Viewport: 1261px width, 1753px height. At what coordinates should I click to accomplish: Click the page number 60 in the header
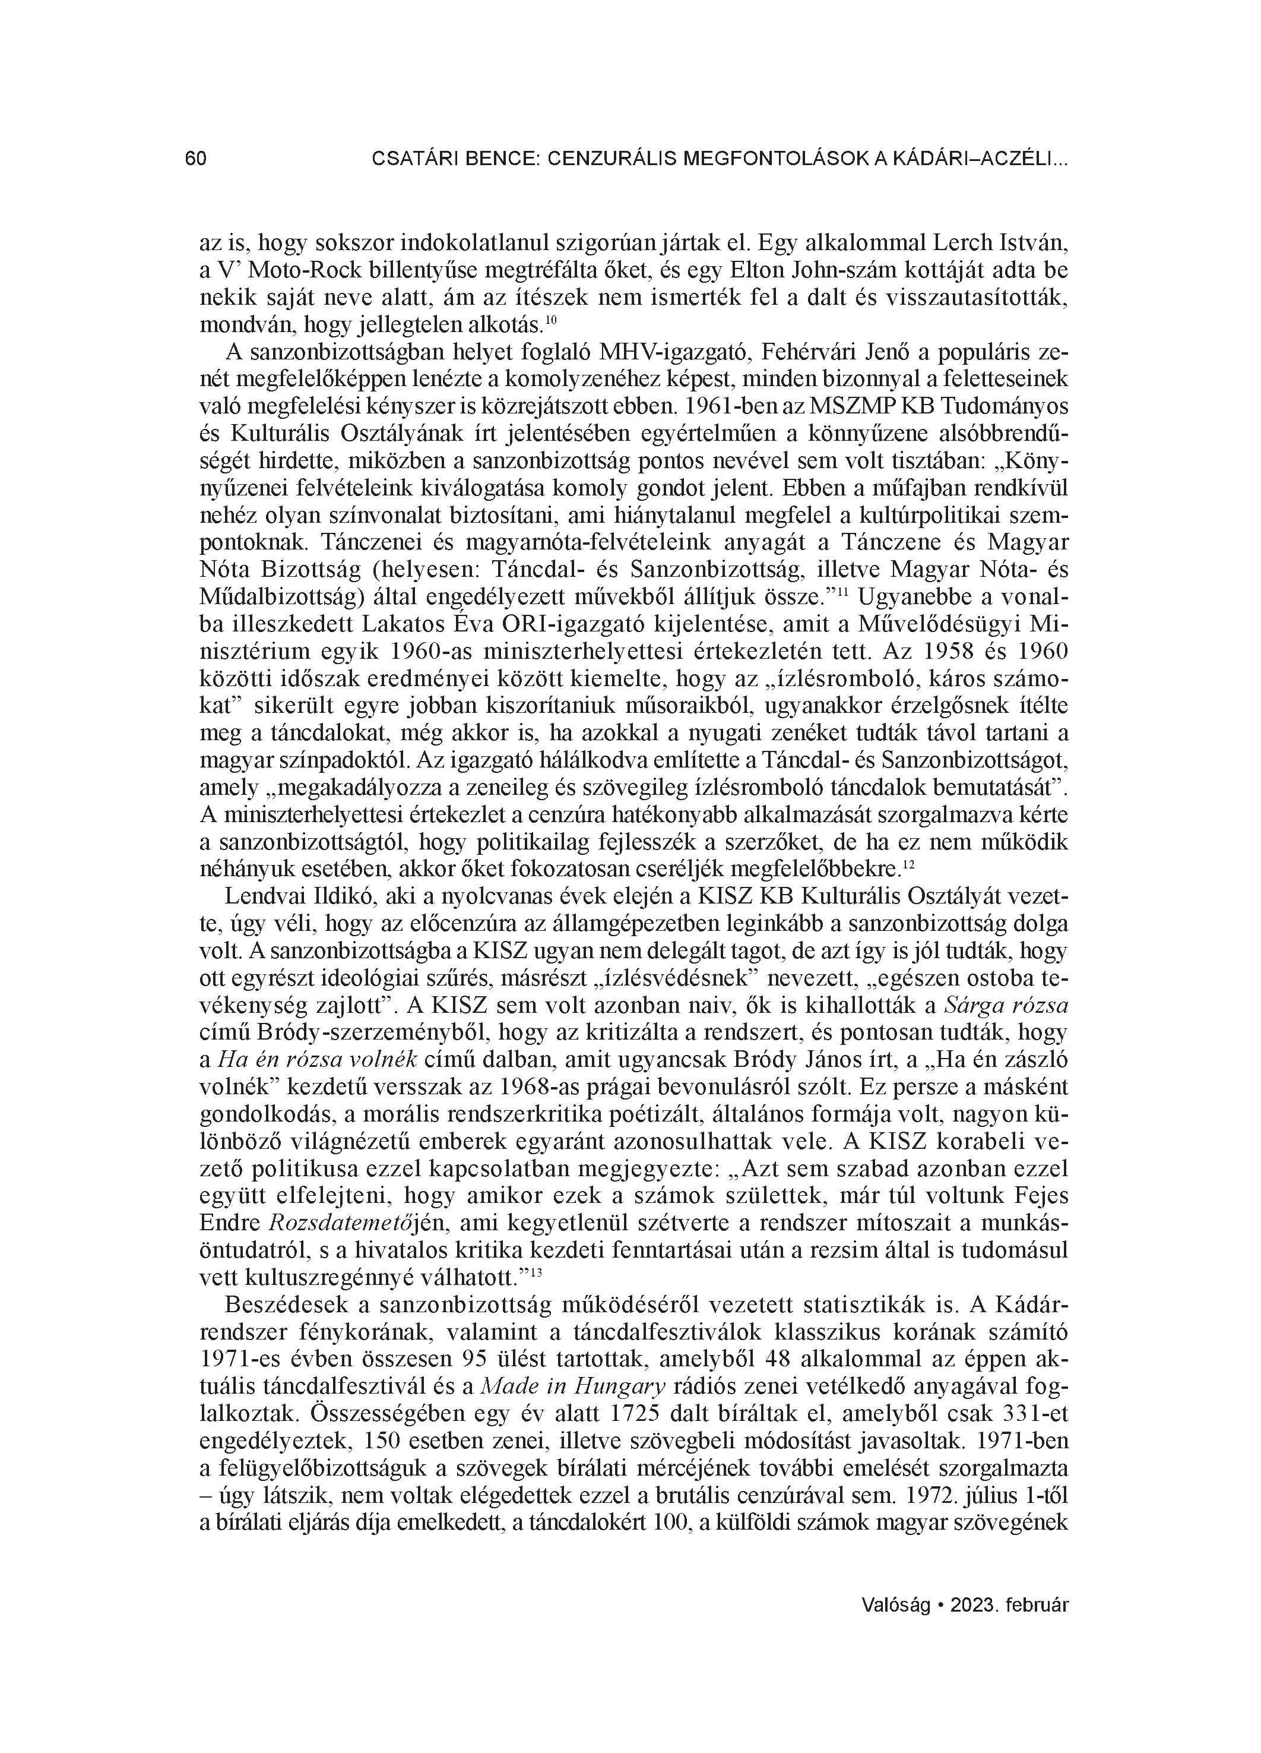click(195, 159)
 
